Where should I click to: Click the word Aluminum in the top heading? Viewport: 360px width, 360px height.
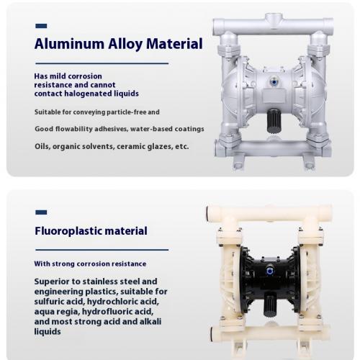[69, 44]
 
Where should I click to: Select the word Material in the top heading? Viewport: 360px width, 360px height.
[174, 44]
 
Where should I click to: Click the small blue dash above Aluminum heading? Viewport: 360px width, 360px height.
[41, 26]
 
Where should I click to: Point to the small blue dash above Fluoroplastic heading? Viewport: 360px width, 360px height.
[41, 212]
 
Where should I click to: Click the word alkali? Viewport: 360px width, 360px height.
[149, 322]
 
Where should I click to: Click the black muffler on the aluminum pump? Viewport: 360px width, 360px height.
[274, 121]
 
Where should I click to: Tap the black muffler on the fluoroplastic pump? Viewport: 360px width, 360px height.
[270, 305]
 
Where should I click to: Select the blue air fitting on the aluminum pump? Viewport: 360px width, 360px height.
[274, 82]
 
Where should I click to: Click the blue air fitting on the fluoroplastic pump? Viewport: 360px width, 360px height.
[270, 271]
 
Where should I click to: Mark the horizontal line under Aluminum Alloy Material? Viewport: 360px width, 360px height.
[102, 63]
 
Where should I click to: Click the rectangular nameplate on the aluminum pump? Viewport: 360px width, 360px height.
[274, 95]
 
